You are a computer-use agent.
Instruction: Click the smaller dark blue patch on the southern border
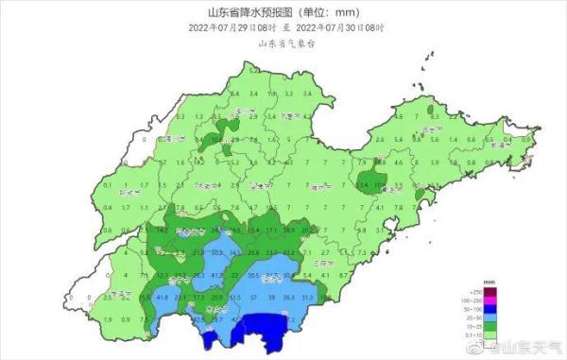[209, 339]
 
